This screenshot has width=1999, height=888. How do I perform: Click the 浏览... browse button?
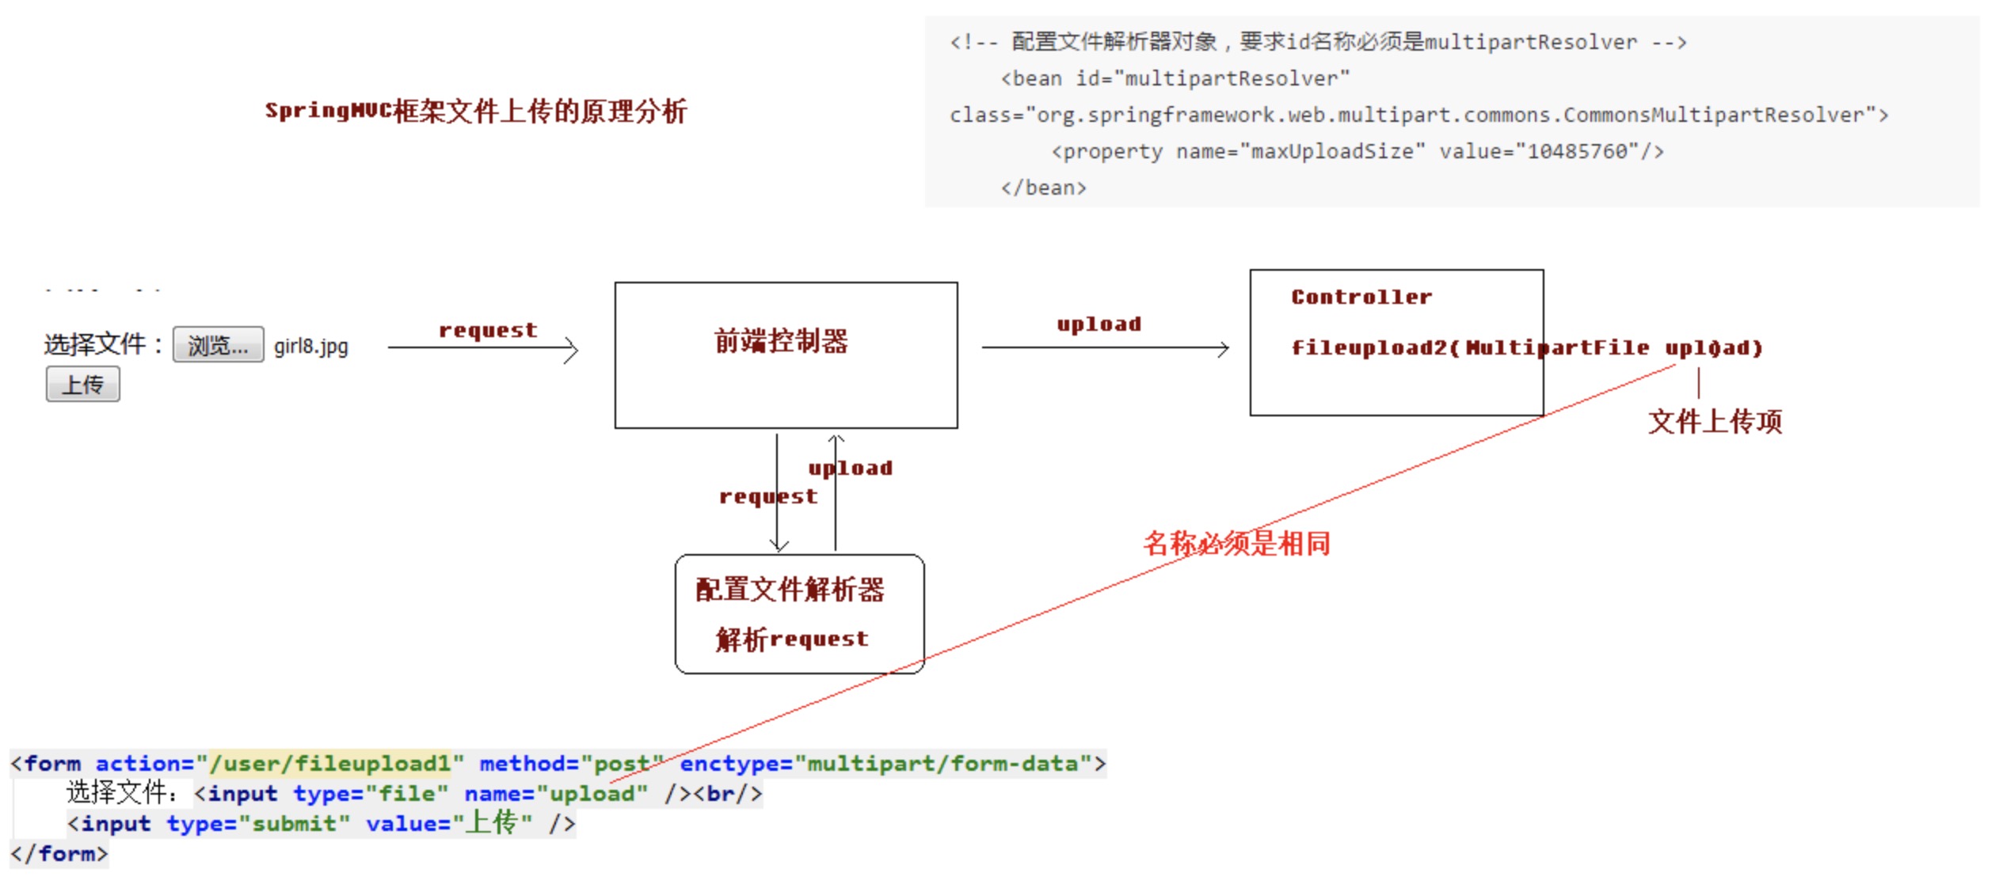(x=218, y=345)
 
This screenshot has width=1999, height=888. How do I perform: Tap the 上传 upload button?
(x=83, y=385)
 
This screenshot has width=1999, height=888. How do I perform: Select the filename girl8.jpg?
(x=310, y=347)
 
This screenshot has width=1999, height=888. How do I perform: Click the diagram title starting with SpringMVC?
(x=475, y=112)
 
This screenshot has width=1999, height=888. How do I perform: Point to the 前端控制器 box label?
(x=781, y=341)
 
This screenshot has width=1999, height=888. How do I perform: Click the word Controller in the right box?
(x=1361, y=298)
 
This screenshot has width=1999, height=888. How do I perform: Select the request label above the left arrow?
(x=488, y=330)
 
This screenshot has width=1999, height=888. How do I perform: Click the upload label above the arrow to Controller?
(x=1098, y=324)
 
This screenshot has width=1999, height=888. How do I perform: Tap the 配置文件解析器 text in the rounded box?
(x=790, y=590)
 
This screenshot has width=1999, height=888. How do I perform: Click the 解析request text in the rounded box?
(x=792, y=639)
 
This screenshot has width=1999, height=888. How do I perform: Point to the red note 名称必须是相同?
(x=1236, y=544)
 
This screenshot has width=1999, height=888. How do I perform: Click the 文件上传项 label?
(x=1715, y=422)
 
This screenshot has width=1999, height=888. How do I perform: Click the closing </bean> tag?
(x=1043, y=188)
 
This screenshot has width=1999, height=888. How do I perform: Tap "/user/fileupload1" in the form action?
(x=329, y=764)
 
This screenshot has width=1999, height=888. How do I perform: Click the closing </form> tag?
(x=59, y=854)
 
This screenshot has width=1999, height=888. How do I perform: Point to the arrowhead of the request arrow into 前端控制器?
(x=573, y=349)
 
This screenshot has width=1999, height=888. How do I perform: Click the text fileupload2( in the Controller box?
(x=1375, y=348)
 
